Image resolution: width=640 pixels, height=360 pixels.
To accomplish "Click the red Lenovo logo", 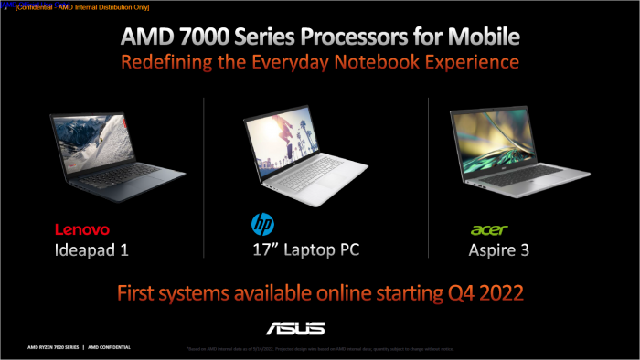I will point(82,228).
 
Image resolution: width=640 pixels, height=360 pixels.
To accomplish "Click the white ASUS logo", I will point(294,327).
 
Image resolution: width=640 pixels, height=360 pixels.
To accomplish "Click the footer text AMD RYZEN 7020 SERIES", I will point(42,348).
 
